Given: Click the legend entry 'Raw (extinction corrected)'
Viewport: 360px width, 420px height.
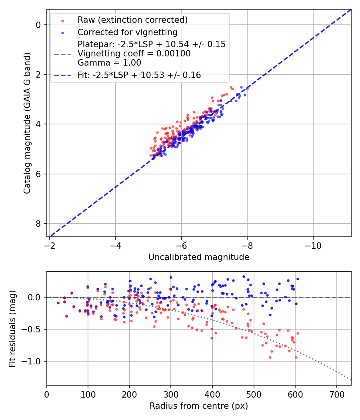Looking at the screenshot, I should tap(132, 20).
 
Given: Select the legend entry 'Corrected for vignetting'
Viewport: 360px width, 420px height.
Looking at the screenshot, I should tap(127, 32).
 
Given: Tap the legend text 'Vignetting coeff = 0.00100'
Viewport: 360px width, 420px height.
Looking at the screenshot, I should tap(134, 53).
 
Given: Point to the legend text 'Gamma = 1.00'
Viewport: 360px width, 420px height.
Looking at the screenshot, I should tap(109, 62).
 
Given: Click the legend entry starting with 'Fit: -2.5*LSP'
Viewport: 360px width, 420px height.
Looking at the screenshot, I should tap(139, 75).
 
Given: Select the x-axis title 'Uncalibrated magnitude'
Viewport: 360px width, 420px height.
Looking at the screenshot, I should tap(199, 257).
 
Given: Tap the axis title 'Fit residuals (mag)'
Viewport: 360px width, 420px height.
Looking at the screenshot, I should tap(12, 328).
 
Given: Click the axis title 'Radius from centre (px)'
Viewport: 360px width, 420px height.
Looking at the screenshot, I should tap(199, 406).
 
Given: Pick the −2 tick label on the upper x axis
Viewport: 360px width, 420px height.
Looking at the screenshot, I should tap(50, 245).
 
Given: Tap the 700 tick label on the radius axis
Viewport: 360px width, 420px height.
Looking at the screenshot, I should tap(336, 394).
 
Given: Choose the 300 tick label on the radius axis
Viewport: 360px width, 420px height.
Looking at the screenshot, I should tap(171, 394).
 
